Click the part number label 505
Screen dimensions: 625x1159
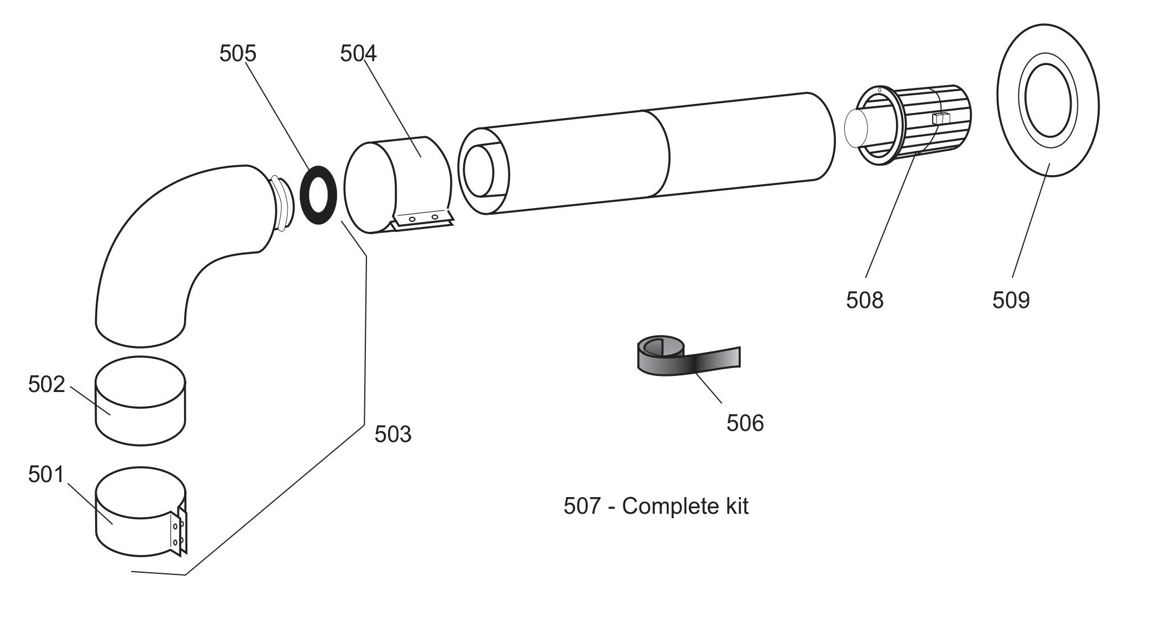pos(237,53)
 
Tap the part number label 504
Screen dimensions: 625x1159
pos(358,53)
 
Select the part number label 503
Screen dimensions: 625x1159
pos(393,434)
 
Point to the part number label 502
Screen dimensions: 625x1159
pos(46,384)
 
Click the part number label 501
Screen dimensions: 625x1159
pos(46,475)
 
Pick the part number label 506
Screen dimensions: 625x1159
pos(745,423)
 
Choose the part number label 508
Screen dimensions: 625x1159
pos(864,300)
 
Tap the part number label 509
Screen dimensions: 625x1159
pos(1011,300)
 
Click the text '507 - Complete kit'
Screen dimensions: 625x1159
pos(656,506)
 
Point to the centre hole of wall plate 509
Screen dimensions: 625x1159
pos(1048,100)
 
